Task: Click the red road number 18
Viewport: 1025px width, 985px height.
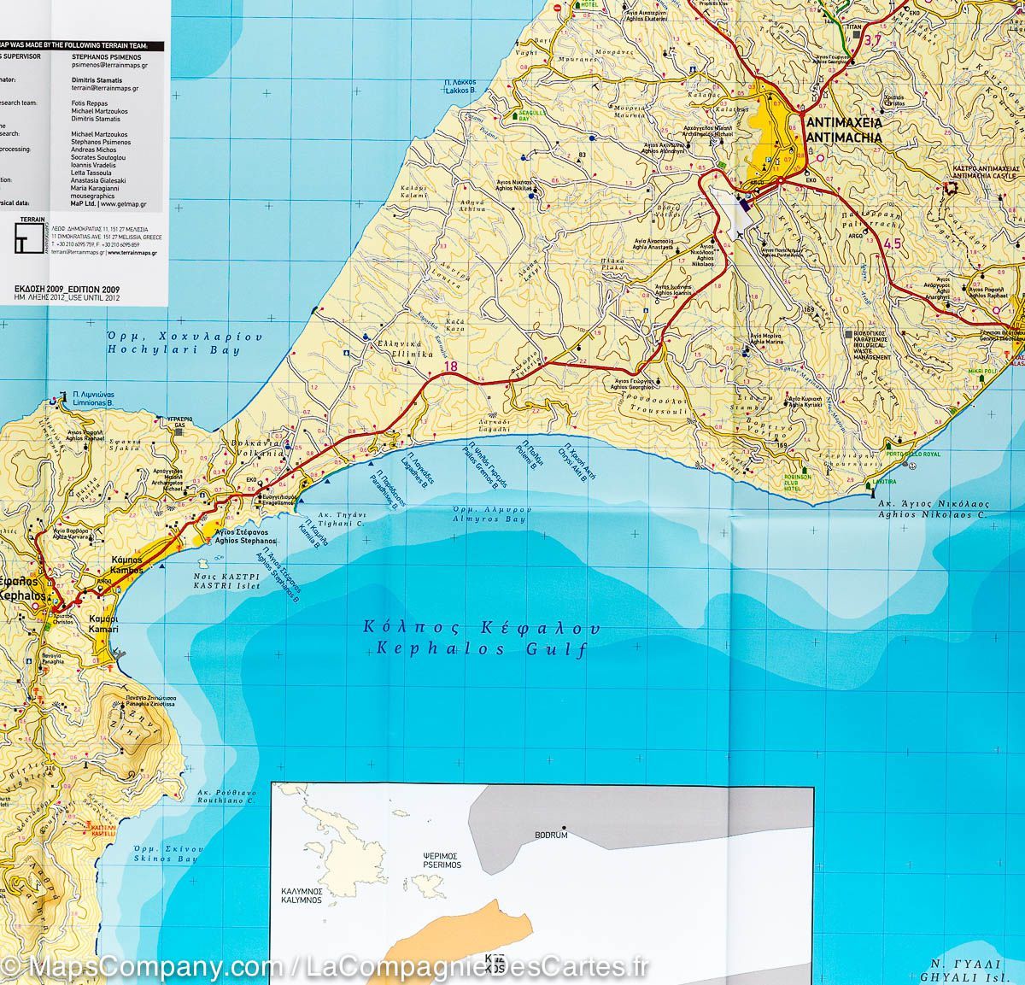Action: (450, 368)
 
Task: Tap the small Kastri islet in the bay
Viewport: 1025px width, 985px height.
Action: (202, 564)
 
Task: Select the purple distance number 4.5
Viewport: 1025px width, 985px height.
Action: (893, 245)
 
